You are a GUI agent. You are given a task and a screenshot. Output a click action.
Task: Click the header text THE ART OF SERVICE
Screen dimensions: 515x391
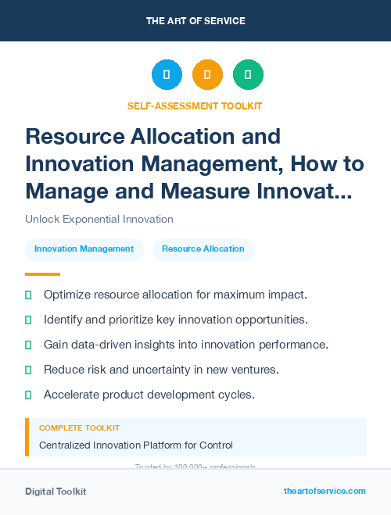pos(195,21)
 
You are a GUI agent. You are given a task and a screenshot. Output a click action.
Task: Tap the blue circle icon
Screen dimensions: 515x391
pos(167,75)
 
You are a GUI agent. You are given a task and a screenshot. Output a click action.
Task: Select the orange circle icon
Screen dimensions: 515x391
pos(207,75)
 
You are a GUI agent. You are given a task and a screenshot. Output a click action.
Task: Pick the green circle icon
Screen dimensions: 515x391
pos(248,75)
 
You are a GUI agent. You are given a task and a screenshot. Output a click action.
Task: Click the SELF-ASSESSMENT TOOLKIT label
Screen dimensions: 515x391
pos(195,106)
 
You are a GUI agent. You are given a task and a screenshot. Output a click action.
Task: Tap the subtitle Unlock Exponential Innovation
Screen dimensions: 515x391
pos(99,220)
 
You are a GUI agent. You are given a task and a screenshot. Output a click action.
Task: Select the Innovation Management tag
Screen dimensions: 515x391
pos(84,249)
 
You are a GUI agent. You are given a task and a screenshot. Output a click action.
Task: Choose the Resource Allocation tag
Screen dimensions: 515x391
pos(203,249)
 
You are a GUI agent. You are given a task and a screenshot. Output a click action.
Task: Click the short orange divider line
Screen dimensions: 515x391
pos(42,274)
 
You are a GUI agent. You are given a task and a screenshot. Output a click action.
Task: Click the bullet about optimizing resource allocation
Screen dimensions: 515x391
pos(175,295)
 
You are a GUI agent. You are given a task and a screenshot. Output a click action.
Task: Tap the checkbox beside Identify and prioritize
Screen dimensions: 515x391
pos(29,320)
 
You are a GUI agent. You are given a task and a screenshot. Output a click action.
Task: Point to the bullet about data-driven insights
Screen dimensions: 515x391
pos(185,345)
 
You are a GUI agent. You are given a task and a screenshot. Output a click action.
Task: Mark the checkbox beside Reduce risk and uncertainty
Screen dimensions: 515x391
pos(29,370)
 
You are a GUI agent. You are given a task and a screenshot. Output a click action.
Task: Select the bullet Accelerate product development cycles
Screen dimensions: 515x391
pos(149,395)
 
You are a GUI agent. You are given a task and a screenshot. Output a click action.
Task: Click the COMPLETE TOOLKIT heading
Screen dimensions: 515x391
pos(80,428)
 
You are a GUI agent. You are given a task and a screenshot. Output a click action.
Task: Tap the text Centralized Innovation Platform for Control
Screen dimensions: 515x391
pos(136,445)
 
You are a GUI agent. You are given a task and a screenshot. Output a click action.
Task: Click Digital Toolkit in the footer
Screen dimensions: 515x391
pos(56,492)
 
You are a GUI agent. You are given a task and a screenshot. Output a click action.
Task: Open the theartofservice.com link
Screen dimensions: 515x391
pos(325,491)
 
